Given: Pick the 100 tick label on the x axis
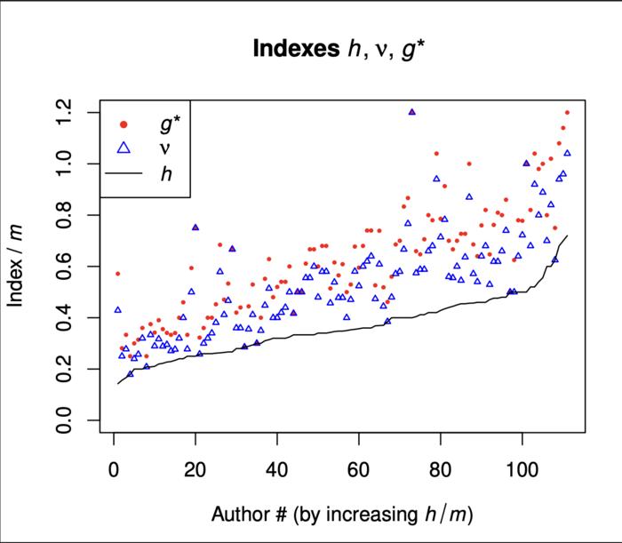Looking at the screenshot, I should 522,468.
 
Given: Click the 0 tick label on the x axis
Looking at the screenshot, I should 114,468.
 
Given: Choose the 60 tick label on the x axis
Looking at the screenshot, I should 358,468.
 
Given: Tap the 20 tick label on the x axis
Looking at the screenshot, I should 195,468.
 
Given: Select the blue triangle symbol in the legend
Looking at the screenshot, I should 124,148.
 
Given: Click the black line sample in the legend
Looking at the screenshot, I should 124,174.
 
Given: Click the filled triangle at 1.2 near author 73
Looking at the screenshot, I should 411,112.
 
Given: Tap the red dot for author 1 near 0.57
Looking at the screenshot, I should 117,274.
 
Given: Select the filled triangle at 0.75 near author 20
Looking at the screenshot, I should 195,227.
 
